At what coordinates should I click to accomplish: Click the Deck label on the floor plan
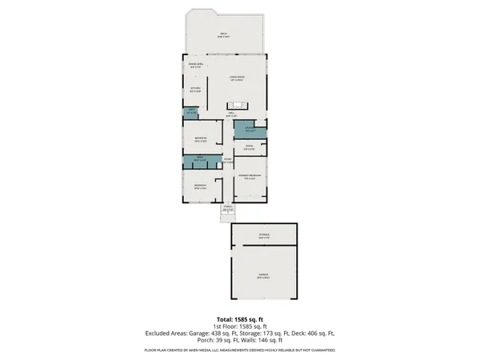click(x=223, y=34)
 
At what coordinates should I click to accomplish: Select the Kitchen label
click(x=195, y=90)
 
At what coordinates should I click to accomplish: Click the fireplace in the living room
click(x=238, y=107)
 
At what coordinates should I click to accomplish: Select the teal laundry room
click(x=250, y=130)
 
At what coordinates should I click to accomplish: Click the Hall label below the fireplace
click(x=230, y=115)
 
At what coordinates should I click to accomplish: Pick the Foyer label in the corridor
click(x=227, y=160)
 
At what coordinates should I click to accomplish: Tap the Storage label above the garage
click(x=263, y=236)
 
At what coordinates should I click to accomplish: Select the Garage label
click(x=263, y=276)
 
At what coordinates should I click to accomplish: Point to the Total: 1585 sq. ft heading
click(x=239, y=319)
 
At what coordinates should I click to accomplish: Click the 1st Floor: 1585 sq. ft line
click(x=239, y=326)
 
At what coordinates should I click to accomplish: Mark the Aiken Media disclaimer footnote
click(x=239, y=350)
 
